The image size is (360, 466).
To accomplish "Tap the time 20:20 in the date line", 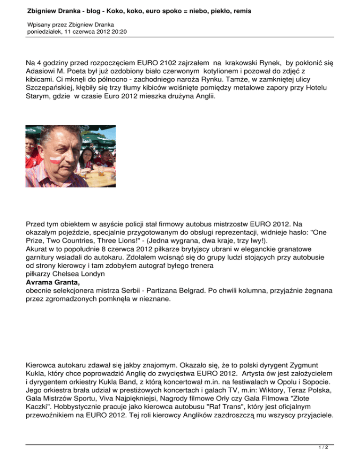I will coord(118,32).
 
